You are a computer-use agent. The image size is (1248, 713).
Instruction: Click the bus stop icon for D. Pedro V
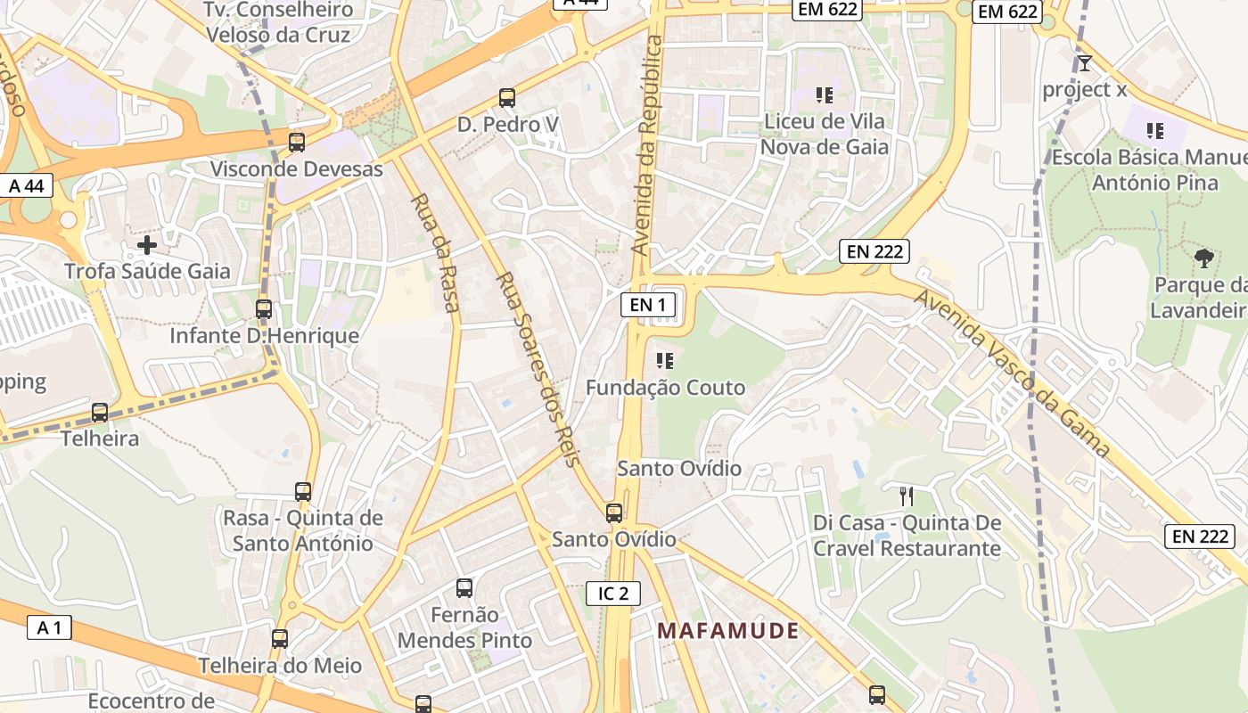point(507,98)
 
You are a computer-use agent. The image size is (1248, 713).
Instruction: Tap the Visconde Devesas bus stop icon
point(297,142)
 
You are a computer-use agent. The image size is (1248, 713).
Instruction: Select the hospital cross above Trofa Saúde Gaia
point(147,244)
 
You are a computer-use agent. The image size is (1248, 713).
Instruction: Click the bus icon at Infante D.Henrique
point(264,309)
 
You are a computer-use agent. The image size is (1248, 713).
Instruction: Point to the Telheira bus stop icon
point(100,413)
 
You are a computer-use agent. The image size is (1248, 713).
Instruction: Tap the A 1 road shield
point(49,627)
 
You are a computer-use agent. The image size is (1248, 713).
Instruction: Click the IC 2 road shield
point(613,593)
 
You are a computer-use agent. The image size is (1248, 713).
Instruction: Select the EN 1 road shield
point(648,305)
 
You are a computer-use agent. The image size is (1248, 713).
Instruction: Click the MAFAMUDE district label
point(727,631)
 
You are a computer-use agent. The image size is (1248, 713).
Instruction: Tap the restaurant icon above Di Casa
point(907,496)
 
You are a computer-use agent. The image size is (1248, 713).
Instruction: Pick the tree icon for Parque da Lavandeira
point(1204,259)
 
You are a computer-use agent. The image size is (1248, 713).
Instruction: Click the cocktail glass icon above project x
point(1084,63)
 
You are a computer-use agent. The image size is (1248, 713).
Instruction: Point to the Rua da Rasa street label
point(436,253)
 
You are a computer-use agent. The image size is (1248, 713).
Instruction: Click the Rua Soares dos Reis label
point(538,368)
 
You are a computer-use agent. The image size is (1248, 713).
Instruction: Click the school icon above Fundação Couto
point(664,361)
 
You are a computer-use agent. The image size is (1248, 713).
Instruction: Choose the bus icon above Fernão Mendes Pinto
point(464,588)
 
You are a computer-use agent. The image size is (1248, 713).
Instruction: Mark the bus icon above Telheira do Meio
point(280,639)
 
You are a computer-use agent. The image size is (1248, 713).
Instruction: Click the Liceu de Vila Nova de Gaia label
point(825,134)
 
